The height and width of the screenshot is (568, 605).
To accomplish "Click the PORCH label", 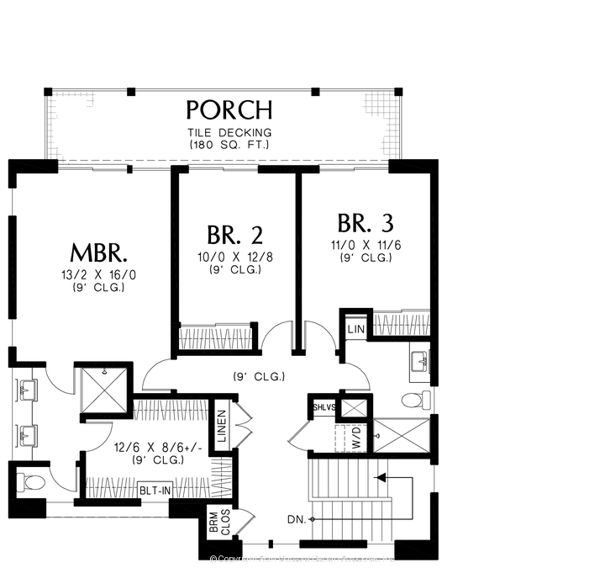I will click(x=229, y=109).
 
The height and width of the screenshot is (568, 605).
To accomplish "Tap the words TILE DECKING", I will click(x=229, y=132).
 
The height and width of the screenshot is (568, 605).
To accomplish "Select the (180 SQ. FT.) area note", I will click(x=229, y=145).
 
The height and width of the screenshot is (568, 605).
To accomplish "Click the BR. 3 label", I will click(x=366, y=224).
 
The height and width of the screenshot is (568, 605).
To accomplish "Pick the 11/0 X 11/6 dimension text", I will click(x=366, y=246).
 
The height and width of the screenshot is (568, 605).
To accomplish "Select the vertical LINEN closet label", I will click(x=221, y=427).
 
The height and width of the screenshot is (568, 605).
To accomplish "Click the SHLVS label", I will click(x=324, y=407).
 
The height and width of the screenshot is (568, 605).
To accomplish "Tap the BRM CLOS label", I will click(x=213, y=523).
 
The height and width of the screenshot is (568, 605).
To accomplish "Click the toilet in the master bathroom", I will click(x=32, y=483).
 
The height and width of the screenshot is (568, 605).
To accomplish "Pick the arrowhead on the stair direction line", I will click(x=380, y=478).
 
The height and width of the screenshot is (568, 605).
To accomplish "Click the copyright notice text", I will click(x=302, y=559).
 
